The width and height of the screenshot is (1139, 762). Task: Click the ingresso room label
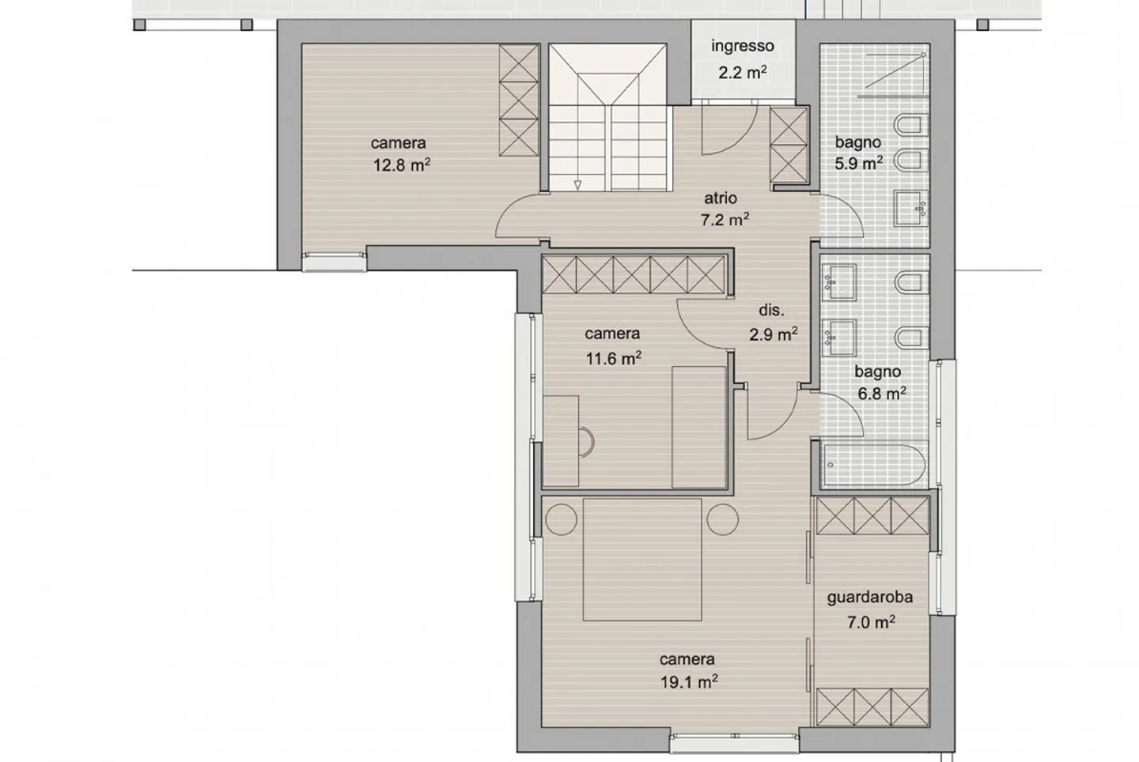tap(742, 46)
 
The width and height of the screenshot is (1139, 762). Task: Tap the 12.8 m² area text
tap(402, 165)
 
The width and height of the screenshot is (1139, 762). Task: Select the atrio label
tap(721, 198)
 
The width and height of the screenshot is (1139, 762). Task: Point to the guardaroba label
tap(869, 598)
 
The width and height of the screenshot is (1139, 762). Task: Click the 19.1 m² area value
tap(689, 681)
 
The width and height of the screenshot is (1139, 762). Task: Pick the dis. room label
tap(771, 311)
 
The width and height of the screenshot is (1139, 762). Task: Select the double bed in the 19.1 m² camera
tap(642, 559)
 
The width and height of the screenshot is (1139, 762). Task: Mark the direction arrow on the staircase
tap(578, 186)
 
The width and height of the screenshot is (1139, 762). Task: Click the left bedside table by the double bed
tap(562, 519)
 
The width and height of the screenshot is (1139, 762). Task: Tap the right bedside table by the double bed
tap(722, 519)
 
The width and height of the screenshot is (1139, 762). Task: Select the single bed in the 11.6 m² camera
tap(698, 427)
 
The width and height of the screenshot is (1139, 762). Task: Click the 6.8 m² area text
tap(882, 393)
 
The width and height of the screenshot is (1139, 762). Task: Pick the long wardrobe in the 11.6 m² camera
tap(634, 275)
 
